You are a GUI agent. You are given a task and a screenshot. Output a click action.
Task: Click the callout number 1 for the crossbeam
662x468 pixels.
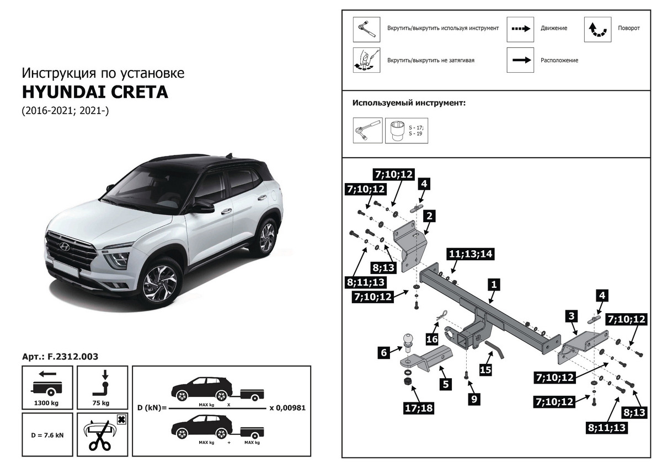click(x=494, y=285)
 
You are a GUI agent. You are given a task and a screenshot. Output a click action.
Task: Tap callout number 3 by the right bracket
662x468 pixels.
click(x=572, y=316)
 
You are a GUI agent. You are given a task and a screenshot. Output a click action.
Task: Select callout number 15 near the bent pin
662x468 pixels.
click(x=485, y=370)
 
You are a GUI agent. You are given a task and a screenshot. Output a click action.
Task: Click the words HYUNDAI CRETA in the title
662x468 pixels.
click(x=94, y=92)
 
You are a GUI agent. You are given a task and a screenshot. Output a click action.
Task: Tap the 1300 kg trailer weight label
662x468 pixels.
click(x=46, y=403)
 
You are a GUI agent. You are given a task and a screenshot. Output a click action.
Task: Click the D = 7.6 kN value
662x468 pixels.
click(x=47, y=435)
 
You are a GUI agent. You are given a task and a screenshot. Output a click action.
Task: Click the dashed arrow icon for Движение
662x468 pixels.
click(x=521, y=29)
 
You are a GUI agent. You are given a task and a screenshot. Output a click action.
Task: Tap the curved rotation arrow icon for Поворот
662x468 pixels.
click(x=598, y=29)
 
